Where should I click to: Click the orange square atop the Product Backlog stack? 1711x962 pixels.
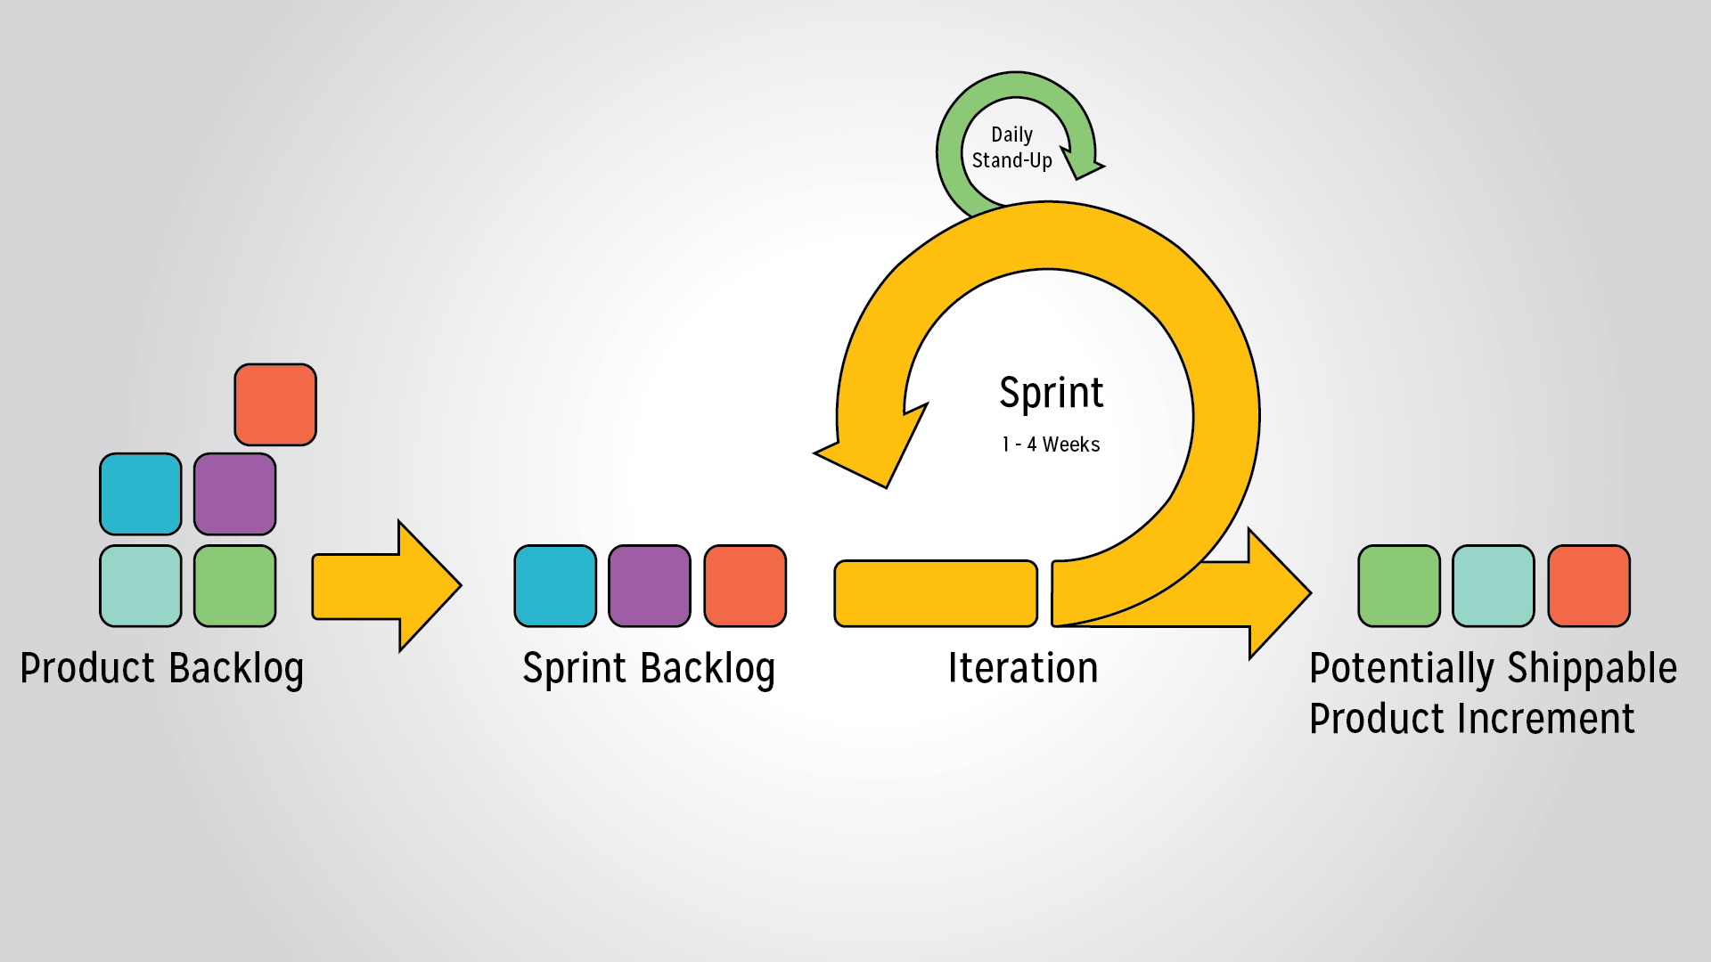click(x=275, y=404)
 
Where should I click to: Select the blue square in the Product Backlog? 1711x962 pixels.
click(x=141, y=494)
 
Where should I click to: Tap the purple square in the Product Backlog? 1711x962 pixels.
click(x=235, y=494)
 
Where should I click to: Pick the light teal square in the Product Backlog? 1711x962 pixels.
click(x=141, y=586)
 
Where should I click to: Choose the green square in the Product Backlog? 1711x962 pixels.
click(x=235, y=586)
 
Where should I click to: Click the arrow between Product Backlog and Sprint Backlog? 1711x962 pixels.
click(x=387, y=586)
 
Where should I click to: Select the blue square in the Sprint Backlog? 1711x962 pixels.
click(x=556, y=586)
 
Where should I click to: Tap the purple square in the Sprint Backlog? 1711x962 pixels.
click(x=650, y=586)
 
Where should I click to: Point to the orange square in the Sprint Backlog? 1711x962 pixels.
click(x=745, y=586)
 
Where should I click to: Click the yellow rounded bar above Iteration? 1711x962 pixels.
click(x=936, y=593)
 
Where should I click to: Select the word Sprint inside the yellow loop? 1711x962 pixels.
click(x=1052, y=394)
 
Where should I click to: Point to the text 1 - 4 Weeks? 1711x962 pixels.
click(x=1052, y=444)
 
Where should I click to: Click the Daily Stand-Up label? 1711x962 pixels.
click(x=1012, y=148)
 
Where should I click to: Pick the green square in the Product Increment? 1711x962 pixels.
click(x=1399, y=586)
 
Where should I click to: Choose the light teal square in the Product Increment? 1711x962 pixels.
click(x=1494, y=586)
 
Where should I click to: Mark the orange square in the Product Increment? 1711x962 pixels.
click(x=1589, y=586)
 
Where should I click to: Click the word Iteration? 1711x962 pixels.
click(x=1023, y=668)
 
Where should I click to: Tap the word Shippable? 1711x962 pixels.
click(x=1592, y=670)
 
